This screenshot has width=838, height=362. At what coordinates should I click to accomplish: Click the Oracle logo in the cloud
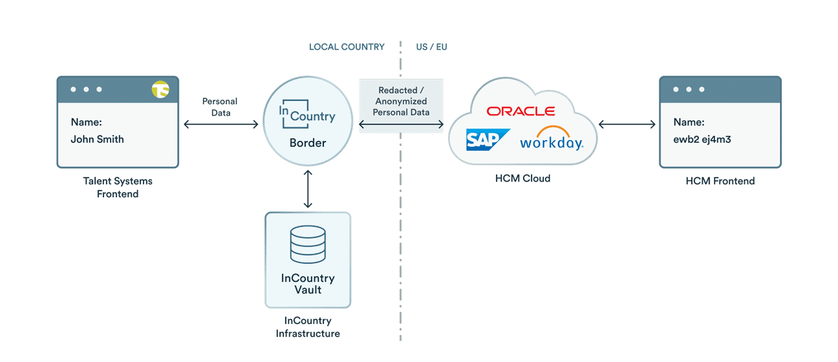pyautogui.click(x=521, y=111)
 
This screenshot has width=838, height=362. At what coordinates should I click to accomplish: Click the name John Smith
pyautogui.click(x=97, y=139)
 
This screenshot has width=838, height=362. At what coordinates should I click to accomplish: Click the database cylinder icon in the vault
pyautogui.click(x=308, y=244)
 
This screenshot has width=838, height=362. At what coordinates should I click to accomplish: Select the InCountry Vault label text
pyautogui.click(x=308, y=284)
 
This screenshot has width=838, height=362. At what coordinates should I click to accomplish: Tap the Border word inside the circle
pyautogui.click(x=308, y=142)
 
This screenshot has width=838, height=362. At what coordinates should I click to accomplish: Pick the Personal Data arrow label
pyautogui.click(x=220, y=107)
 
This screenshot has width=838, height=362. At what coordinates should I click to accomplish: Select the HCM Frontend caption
pyautogui.click(x=720, y=181)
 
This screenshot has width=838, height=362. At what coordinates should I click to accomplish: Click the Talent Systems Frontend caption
pyautogui.click(x=118, y=187)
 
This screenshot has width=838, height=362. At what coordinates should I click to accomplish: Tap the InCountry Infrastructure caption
pyautogui.click(x=308, y=327)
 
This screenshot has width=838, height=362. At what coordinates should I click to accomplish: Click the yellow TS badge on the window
pyautogui.click(x=160, y=90)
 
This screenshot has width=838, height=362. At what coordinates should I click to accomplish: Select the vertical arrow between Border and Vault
pyautogui.click(x=308, y=189)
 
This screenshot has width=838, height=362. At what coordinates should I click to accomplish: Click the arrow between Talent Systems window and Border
pyautogui.click(x=220, y=124)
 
